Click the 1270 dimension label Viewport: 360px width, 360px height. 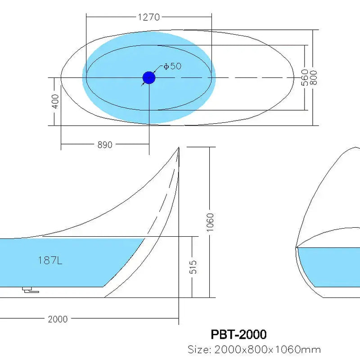pyautogui.click(x=148, y=18)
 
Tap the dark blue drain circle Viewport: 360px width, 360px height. pyautogui.click(x=149, y=78)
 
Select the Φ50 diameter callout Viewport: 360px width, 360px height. pyautogui.click(x=172, y=66)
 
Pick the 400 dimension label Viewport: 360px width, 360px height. pyautogui.click(x=55, y=101)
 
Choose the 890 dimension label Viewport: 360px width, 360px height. pyautogui.click(x=104, y=144)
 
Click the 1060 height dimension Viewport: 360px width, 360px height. pyautogui.click(x=210, y=222)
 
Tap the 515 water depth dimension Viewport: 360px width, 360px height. pyautogui.click(x=193, y=267)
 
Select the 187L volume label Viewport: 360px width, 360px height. pyautogui.click(x=50, y=261)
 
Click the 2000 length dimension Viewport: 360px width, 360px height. pyautogui.click(x=58, y=319)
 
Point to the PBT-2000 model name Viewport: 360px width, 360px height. pyautogui.click(x=238, y=334)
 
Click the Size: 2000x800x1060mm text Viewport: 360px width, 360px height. pyautogui.click(x=254, y=349)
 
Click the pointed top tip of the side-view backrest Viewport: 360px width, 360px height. pyautogui.click(x=179, y=148)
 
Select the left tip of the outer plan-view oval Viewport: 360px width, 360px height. pyautogui.click(x=61, y=78)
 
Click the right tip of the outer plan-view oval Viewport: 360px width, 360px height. pyautogui.click(x=294, y=78)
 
